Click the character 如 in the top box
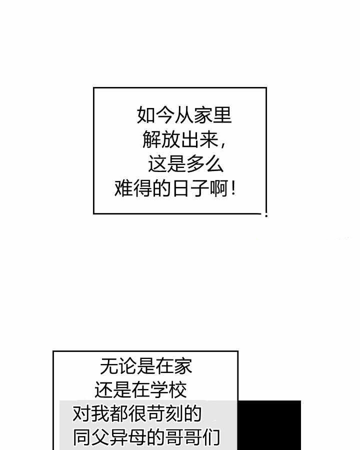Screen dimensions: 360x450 146,115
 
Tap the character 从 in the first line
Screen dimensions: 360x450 183,115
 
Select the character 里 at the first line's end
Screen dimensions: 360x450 222,115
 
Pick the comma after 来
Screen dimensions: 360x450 223,144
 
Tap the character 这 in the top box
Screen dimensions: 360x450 157,164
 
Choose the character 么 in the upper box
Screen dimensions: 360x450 214,164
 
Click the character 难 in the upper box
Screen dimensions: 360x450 123,189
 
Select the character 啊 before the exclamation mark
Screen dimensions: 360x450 219,189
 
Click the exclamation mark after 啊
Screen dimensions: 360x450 233,188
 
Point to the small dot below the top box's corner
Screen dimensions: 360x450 266,215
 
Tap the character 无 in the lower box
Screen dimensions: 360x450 109,366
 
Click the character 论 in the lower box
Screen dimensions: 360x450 128,366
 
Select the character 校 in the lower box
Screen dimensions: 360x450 177,390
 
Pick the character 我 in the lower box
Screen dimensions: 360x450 100,413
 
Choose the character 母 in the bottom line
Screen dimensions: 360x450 137,437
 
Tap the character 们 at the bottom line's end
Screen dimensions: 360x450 211,437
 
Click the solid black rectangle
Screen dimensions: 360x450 269,425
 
